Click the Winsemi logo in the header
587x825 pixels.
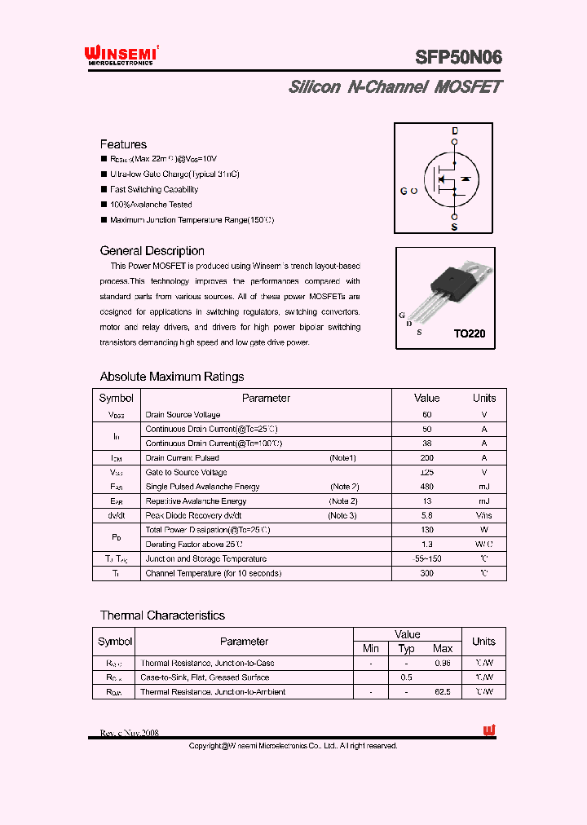pos(121,55)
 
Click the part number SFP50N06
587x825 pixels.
pos(458,57)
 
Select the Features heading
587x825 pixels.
pos(123,144)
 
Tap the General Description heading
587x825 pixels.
pos(152,251)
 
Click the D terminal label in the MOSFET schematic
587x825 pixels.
pos(455,131)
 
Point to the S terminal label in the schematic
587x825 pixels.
pos(454,227)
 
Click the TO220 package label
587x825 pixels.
pos(469,333)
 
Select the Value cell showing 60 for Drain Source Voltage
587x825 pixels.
pos(426,415)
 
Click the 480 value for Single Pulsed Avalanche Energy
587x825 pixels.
pos(426,487)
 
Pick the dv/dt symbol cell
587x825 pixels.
pos(116,515)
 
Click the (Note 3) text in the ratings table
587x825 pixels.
pos(342,515)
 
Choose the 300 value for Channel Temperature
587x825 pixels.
pos(426,573)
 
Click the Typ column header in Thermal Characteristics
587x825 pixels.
pos(406,649)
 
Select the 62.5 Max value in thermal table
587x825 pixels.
pos(443,691)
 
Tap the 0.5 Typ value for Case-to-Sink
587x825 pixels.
pos(406,677)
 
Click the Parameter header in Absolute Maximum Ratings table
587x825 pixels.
pos(266,398)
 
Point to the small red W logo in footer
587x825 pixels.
pos(489,731)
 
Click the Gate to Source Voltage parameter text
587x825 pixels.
pos(186,472)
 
